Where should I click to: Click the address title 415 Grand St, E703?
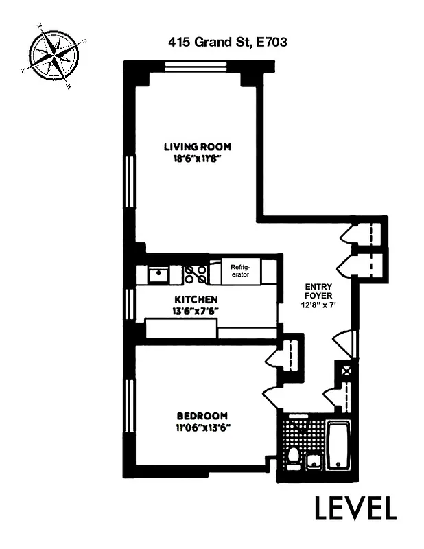tap(227, 42)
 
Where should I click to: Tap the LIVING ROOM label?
tap(197, 146)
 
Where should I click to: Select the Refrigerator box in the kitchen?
tap(240, 271)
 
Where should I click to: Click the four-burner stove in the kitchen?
tap(196, 274)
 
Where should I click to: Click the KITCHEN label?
tap(196, 299)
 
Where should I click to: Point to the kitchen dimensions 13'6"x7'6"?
tap(196, 310)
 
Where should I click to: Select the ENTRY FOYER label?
tap(318, 292)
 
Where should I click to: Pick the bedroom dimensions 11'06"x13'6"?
tap(202, 428)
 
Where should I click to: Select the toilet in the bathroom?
tap(293, 456)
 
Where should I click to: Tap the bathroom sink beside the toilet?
tap(314, 460)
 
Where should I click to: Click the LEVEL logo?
tap(355, 509)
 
